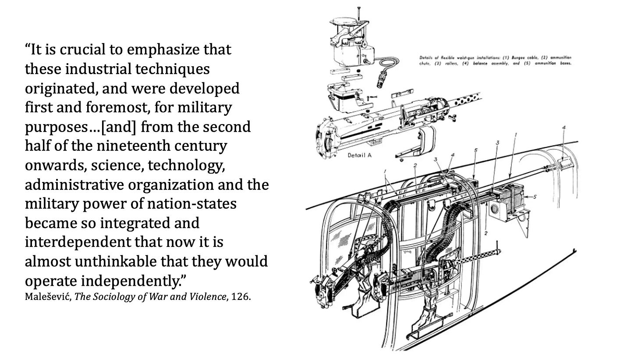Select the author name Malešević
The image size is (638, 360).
[x=48, y=297]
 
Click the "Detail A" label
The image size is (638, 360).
[x=360, y=155]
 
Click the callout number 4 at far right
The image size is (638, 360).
[x=564, y=128]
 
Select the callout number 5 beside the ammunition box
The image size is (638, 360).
[x=535, y=197]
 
